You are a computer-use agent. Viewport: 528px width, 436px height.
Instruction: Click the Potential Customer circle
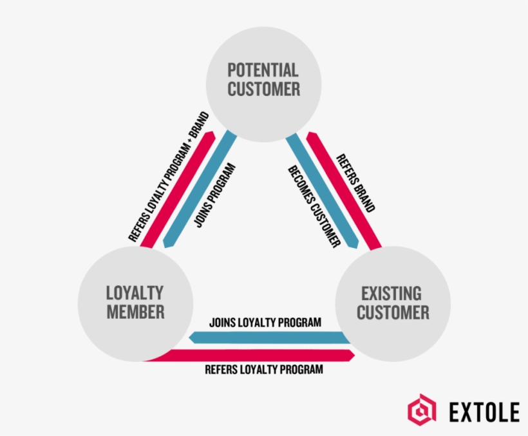pyautogui.click(x=263, y=80)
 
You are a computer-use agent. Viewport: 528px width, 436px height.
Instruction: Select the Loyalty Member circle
pyautogui.click(x=135, y=303)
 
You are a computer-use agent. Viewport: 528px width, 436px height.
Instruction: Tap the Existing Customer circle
pyautogui.click(x=393, y=303)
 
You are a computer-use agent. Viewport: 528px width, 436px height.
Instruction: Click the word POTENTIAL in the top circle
pyautogui.click(x=263, y=70)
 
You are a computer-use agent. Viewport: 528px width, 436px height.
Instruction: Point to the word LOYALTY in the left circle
pyautogui.click(x=135, y=293)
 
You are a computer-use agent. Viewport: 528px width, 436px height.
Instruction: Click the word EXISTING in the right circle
pyautogui.click(x=391, y=294)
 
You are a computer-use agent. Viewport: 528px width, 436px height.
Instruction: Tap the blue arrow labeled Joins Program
pyautogui.click(x=200, y=189)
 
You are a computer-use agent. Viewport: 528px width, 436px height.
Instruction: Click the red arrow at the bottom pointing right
pyautogui.click(x=258, y=355)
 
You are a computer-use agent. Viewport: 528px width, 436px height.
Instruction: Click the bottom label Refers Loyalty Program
pyautogui.click(x=263, y=370)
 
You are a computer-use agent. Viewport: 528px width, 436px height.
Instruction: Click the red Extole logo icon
pyautogui.click(x=422, y=410)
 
